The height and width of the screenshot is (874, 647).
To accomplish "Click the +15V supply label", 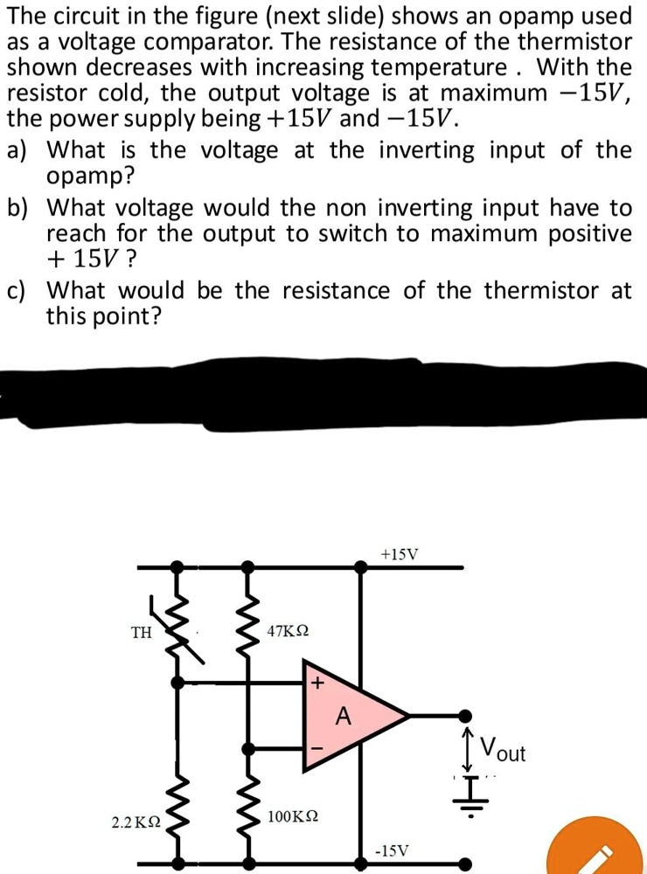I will (x=400, y=554).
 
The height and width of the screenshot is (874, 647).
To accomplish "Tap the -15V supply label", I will (x=391, y=849).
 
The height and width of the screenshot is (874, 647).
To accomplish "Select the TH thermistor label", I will (x=141, y=633).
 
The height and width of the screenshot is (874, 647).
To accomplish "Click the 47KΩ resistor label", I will (x=289, y=631).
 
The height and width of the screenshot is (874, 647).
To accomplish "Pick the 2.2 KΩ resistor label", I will (x=136, y=822).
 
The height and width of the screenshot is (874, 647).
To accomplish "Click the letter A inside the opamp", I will (x=344, y=718).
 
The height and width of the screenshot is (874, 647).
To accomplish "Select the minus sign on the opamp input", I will (x=317, y=750).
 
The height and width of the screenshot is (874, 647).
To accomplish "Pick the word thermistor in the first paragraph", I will (x=568, y=42).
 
